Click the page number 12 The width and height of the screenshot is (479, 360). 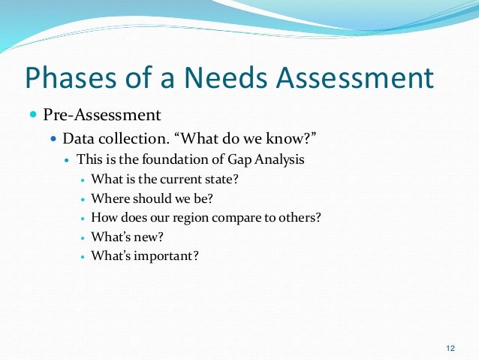[x=450, y=347]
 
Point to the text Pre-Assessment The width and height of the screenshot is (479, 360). [x=101, y=115]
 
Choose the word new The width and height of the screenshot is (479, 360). [x=147, y=237]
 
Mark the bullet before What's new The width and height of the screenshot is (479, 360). [x=82, y=237]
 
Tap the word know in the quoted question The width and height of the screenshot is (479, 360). [x=268, y=139]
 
